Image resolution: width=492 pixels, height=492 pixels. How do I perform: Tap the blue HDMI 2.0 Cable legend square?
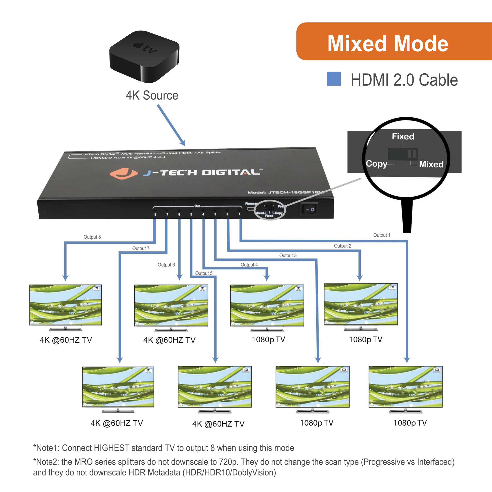click(334, 79)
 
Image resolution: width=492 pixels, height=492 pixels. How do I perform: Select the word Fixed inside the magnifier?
click(403, 137)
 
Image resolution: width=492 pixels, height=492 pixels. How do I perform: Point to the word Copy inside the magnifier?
click(376, 164)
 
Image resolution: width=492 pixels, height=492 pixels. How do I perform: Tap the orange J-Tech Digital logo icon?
click(123, 173)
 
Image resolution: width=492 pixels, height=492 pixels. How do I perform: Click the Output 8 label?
click(92, 237)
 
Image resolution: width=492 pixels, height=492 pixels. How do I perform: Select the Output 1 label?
click(382, 235)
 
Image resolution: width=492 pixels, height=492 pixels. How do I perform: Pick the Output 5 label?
click(204, 273)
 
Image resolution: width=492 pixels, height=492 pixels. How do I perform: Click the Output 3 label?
click(288, 255)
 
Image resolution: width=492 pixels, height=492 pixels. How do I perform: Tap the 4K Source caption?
click(152, 95)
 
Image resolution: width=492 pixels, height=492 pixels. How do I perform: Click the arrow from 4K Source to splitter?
click(171, 125)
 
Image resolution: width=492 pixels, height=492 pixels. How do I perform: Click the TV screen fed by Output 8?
click(65, 305)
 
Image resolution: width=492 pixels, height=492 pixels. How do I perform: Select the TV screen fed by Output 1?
click(405, 386)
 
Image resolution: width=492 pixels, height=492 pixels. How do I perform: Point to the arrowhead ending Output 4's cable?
click(267, 278)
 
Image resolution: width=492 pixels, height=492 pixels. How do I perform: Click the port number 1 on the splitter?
click(239, 214)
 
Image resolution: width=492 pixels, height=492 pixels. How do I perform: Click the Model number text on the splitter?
click(285, 192)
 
